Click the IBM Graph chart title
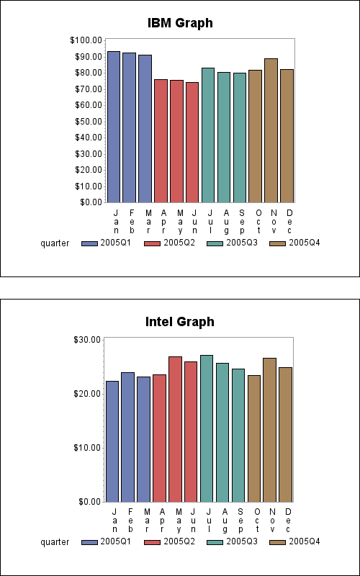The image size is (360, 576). (180, 23)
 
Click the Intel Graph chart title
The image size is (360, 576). (180, 321)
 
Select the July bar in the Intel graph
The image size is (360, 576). (207, 428)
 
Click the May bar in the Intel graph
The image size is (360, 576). (175, 429)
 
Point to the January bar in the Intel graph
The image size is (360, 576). (112, 441)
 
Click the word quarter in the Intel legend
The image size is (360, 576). (55, 542)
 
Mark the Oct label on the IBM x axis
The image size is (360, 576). (258, 220)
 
